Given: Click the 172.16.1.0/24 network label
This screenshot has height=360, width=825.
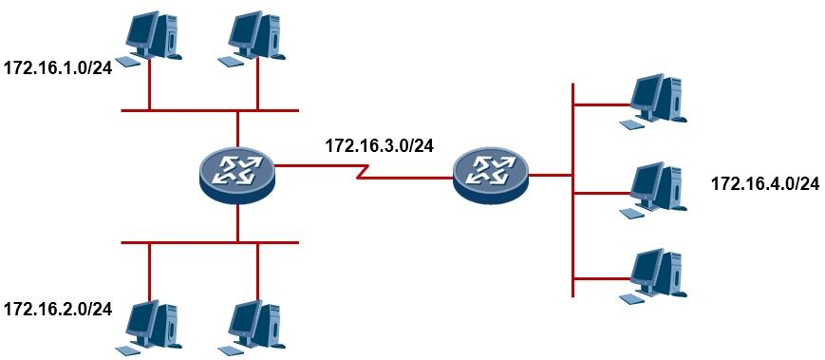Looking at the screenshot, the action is (58, 68).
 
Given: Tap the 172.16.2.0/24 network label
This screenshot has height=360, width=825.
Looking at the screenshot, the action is (58, 309).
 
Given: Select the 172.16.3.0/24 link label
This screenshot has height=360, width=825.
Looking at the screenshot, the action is (380, 145).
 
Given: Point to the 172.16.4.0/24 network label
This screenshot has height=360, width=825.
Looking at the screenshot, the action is (765, 183).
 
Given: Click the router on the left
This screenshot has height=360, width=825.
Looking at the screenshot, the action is (238, 173).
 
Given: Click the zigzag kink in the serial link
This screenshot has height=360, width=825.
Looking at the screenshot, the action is (363, 172).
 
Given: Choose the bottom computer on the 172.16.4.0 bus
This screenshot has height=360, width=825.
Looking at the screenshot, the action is (653, 276).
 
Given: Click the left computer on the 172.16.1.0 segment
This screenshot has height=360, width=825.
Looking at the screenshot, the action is (149, 38).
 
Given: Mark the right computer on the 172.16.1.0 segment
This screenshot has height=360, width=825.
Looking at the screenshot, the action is (252, 38).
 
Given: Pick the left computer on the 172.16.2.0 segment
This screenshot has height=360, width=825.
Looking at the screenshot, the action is (149, 328).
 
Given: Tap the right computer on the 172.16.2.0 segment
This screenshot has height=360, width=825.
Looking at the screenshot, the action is (252, 328).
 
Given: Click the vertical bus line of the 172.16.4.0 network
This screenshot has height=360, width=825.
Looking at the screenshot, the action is (572, 190).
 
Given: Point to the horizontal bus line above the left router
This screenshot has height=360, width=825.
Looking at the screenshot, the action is (210, 110).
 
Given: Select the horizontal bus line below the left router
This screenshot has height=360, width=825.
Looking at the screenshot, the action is (210, 242).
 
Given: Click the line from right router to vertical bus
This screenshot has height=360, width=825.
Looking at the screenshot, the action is (551, 175).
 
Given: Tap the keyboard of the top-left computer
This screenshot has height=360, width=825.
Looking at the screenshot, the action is (128, 61).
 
